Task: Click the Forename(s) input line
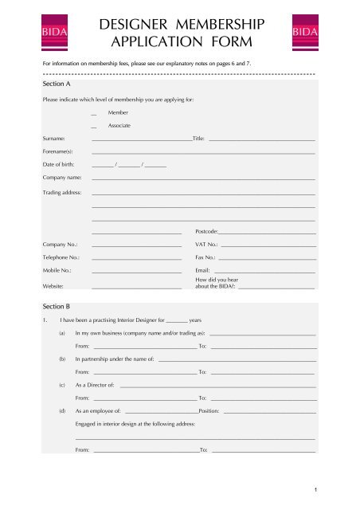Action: (203, 152)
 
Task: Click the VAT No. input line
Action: (268, 245)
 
